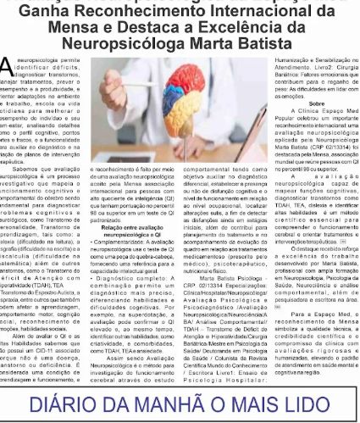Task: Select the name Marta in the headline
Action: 219,42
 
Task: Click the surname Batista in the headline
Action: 264,42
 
